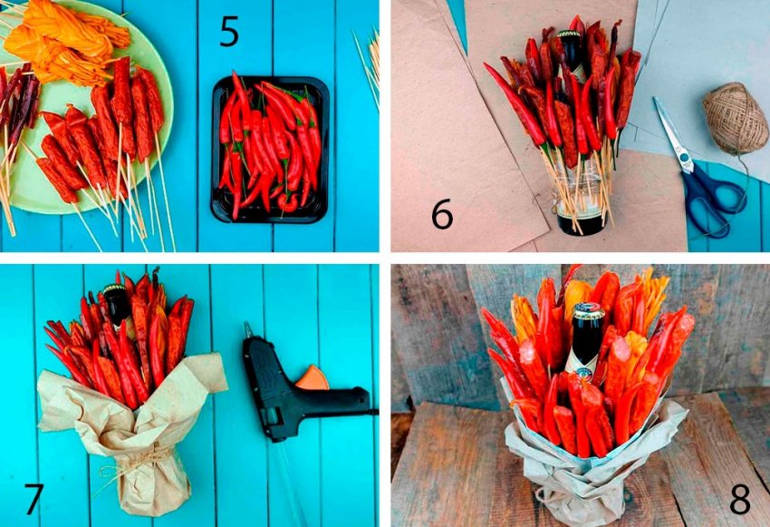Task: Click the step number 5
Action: point(229,32)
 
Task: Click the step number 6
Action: point(442,214)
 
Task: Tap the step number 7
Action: point(34,499)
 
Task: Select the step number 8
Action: point(740,499)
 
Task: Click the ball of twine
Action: point(735,118)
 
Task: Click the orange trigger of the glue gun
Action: point(312,377)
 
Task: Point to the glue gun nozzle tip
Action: point(247,325)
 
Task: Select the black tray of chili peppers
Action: point(270,150)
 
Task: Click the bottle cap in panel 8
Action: point(589,310)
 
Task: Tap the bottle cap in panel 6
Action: point(569,34)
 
